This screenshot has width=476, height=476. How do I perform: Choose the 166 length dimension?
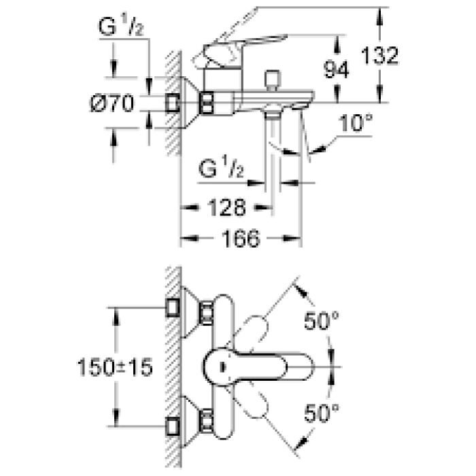click(242, 239)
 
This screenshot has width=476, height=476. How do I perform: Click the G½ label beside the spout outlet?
click(222, 168)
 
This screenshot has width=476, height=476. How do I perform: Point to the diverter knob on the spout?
click(274, 78)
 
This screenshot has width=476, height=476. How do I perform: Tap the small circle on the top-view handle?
click(222, 367)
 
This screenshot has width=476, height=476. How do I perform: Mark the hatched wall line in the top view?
click(173, 367)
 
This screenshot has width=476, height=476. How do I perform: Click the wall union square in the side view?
click(174, 103)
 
